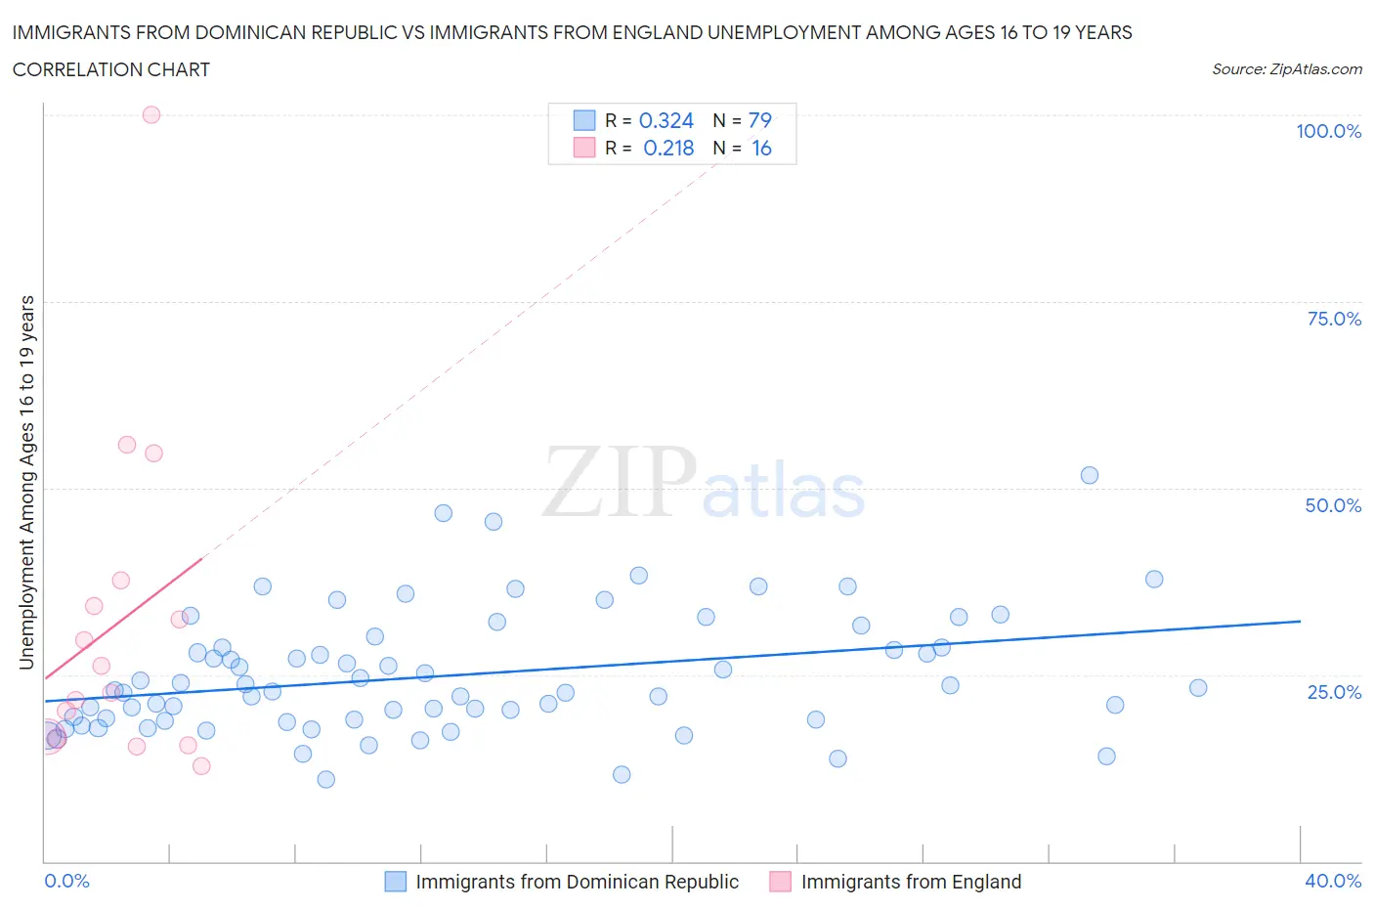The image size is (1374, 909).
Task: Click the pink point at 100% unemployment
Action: point(151,114)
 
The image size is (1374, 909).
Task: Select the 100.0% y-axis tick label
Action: point(1328,131)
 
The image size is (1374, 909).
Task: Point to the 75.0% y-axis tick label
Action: point(1334,319)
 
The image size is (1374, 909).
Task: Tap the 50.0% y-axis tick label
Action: point(1333,505)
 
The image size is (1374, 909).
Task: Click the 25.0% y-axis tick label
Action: point(1334,692)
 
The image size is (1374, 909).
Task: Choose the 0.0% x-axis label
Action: point(66,881)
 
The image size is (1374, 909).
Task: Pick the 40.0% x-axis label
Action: point(1333,881)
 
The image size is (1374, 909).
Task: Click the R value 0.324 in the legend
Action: point(666,120)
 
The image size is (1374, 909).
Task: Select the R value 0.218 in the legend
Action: point(668,148)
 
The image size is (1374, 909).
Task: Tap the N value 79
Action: point(759,120)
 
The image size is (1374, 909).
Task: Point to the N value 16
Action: point(761,148)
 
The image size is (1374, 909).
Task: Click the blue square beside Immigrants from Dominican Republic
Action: point(395,882)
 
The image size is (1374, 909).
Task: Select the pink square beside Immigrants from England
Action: point(780,882)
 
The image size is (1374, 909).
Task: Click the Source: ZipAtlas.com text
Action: point(1286,69)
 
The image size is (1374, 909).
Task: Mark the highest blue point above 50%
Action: point(1090,475)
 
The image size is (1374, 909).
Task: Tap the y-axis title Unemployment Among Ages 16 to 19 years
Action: point(27,482)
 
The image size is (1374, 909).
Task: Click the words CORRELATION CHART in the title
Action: point(111,69)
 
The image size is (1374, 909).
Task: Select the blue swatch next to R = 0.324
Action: point(583,120)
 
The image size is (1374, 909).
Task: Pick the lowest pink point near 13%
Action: point(201,765)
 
